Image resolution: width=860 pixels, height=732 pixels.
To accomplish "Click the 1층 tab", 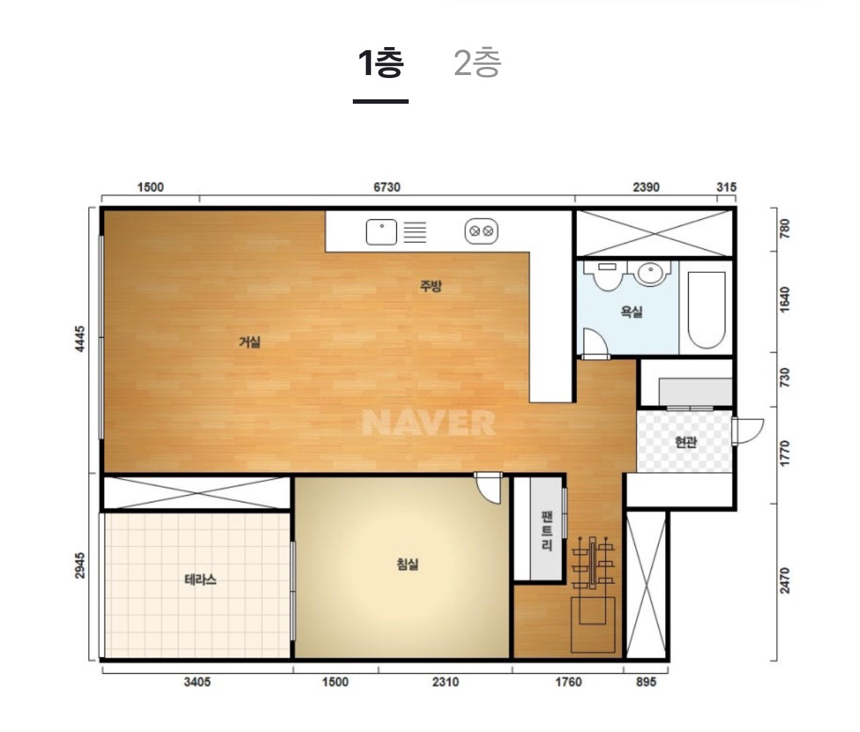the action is (x=381, y=63).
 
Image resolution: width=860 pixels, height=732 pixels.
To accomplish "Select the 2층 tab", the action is (x=477, y=63).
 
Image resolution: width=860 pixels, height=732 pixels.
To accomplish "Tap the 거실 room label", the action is (x=250, y=342).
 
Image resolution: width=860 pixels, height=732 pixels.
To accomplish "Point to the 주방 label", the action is (x=431, y=285).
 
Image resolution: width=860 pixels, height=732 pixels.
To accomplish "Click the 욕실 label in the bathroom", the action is (x=631, y=312).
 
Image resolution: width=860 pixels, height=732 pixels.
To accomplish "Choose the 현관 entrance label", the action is (x=686, y=442).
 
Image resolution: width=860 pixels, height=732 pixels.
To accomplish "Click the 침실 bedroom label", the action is (x=407, y=564).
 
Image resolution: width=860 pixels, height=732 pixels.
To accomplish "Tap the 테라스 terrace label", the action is (x=200, y=579).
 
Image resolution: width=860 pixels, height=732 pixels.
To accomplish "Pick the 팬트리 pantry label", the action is (x=547, y=531).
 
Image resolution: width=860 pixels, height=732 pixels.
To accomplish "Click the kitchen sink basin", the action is (x=381, y=232).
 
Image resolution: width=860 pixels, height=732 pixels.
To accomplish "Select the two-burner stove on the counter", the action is (x=481, y=231).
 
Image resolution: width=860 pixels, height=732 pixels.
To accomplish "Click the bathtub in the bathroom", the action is (x=706, y=309).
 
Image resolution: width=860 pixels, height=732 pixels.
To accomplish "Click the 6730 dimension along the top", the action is (x=387, y=188).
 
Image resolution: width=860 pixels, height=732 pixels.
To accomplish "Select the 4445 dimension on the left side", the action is (x=80, y=339).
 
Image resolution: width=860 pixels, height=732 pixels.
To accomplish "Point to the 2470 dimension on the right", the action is (x=785, y=580).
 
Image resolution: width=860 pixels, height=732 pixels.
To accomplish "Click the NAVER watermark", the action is (x=429, y=423).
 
